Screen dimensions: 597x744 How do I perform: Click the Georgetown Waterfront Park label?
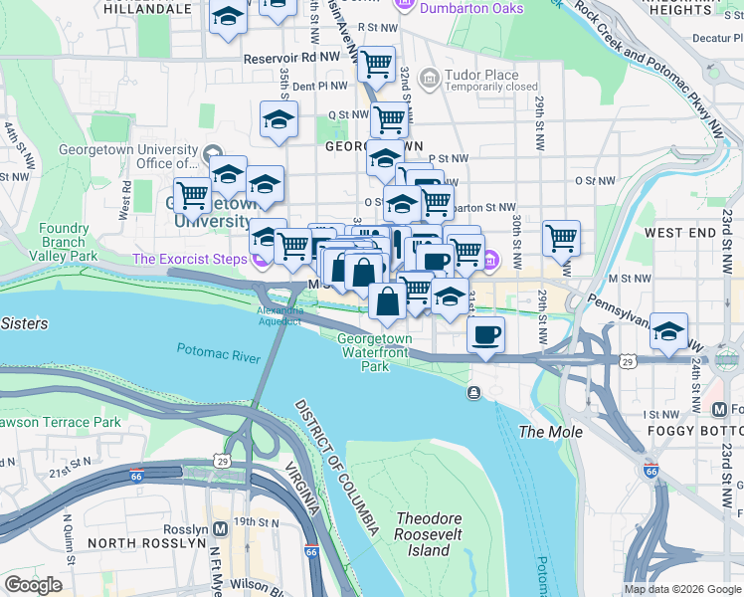tap(375, 352)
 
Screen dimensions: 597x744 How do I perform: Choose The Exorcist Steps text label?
tap(190, 260)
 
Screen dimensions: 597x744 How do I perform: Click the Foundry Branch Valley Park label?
tap(65, 242)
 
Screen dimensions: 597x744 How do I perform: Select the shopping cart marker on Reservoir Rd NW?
tap(376, 65)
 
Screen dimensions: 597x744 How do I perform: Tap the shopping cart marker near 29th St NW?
tap(562, 238)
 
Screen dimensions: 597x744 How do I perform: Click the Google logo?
tap(33, 585)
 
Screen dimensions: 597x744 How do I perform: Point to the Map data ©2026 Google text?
tap(681, 589)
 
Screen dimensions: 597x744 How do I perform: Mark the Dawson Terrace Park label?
tap(60, 422)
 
